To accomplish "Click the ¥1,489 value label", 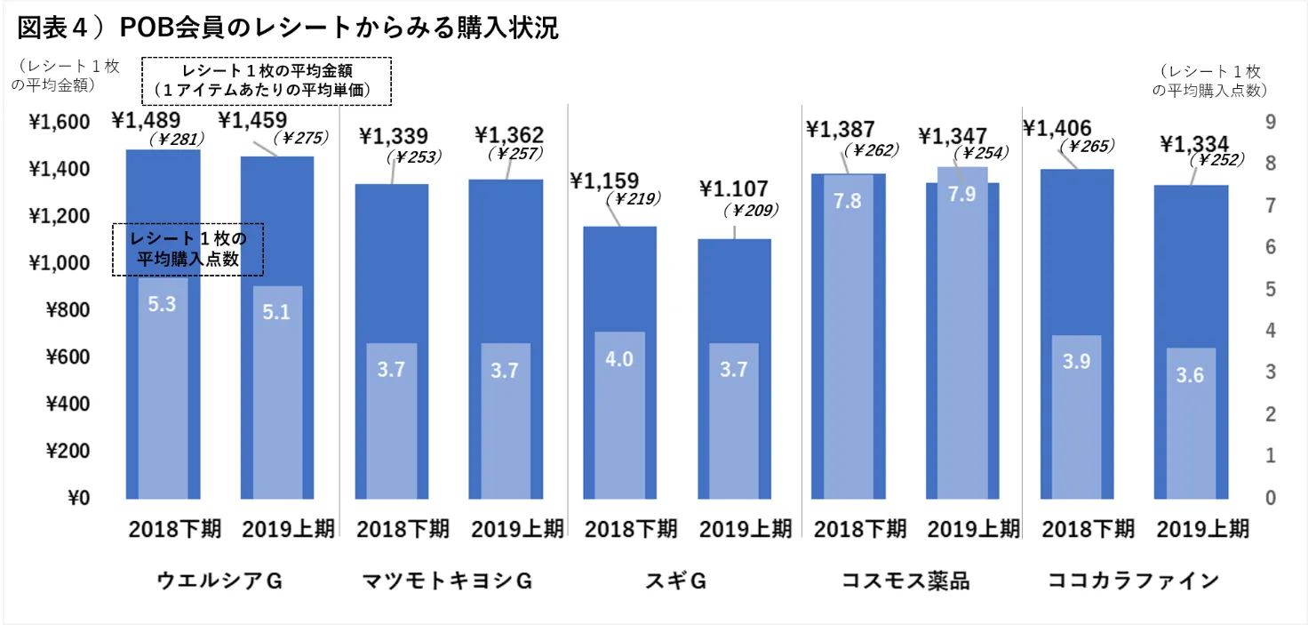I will click(146, 120).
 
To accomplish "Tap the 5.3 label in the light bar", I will click(162, 304).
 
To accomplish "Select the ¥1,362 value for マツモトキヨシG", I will click(509, 135).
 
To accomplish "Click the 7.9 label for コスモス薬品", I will click(962, 194).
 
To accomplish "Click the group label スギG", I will click(675, 582).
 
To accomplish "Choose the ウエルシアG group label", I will click(219, 582).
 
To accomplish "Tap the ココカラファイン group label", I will click(1133, 582).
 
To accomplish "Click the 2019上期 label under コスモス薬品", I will click(974, 529).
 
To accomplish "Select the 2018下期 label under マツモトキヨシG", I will click(403, 529).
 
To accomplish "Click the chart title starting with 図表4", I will click(288, 28).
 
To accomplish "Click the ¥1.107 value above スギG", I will click(734, 188).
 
